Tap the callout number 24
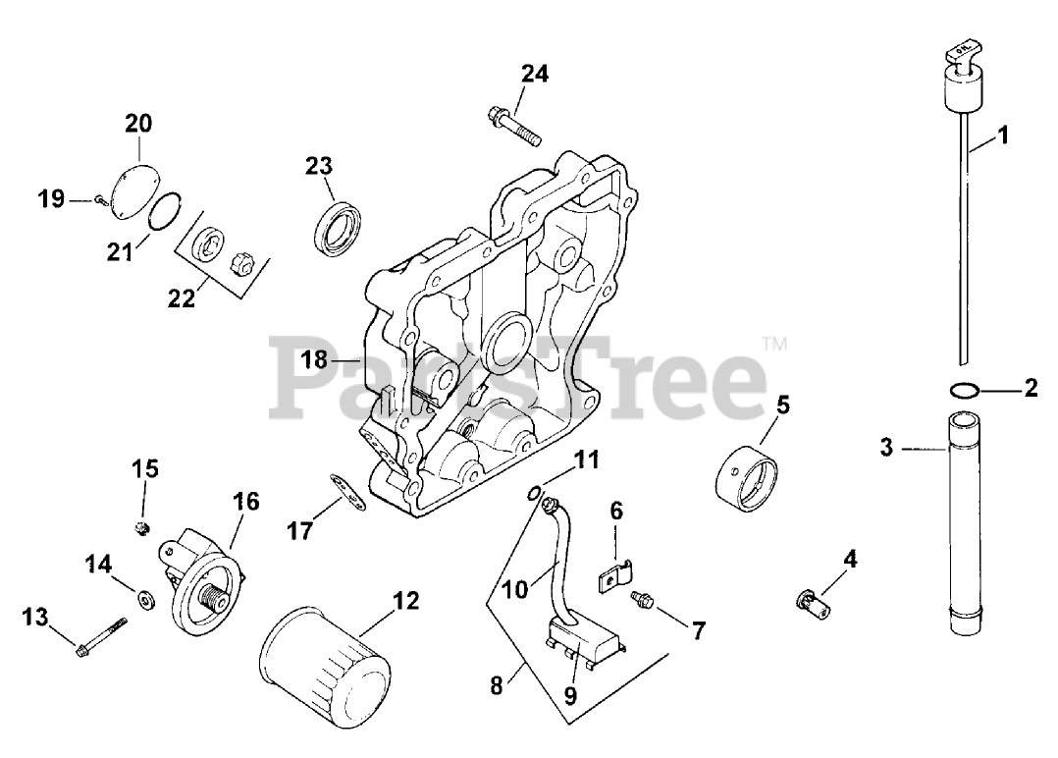tap(535, 73)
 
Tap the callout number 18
tap(314, 360)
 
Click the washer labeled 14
tap(145, 596)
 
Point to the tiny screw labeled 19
tap(101, 200)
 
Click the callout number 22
tap(182, 298)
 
